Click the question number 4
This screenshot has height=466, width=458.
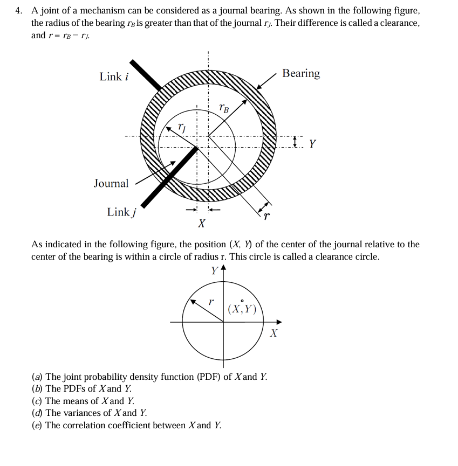19,11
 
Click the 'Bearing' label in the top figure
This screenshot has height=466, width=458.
301,73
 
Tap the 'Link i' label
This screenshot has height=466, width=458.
113,76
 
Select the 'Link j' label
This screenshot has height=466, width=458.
120,212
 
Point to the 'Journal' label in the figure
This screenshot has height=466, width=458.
111,184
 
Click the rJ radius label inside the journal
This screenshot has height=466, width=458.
182,128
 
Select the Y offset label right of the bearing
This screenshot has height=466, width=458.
312,144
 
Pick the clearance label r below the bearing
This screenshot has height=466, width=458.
266,217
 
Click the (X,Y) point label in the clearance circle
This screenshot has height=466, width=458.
242,309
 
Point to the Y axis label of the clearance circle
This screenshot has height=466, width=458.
215,270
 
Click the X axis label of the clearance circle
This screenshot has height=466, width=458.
274,333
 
